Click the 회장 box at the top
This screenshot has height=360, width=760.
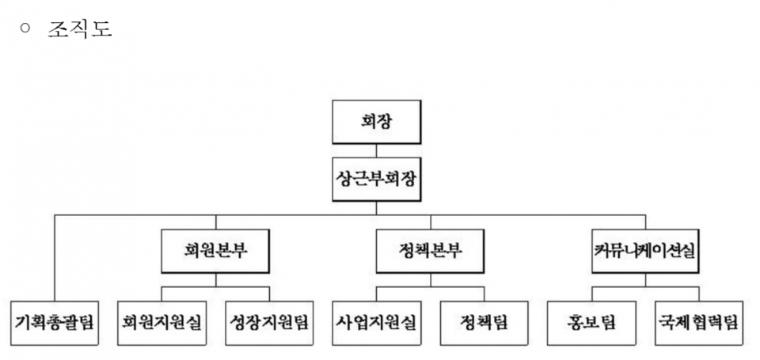pos(376,123)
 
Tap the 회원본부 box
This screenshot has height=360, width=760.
pos(215,251)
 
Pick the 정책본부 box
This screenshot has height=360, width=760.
pos(431,251)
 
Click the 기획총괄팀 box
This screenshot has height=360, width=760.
pos(55,322)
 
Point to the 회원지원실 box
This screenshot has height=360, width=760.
pos(161,322)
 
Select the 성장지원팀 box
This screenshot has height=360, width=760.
pos(269,322)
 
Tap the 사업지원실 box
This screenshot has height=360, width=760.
pos(376,322)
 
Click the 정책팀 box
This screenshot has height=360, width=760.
pos(484,322)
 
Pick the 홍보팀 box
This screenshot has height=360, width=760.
pos(591,322)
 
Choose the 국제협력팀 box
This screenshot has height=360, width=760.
pos(698,322)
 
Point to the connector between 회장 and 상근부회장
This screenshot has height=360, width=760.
pos(376,149)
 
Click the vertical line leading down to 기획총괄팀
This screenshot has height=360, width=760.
pos(55,257)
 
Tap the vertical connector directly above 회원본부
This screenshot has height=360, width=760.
pos(215,222)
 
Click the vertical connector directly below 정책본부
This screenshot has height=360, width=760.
pos(431,279)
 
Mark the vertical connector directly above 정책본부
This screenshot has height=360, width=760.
pos(431,222)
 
